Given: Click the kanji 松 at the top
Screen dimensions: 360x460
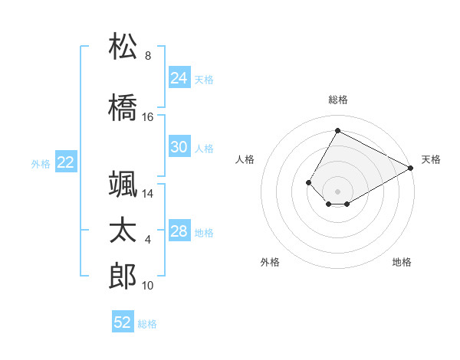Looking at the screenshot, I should [x=123, y=47].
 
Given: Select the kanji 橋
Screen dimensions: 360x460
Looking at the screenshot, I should [x=123, y=106].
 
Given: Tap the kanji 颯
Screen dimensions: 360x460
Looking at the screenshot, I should [x=123, y=184].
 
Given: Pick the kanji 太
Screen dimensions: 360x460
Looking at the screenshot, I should [x=123, y=231].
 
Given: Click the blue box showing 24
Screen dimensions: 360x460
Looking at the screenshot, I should [x=179, y=78].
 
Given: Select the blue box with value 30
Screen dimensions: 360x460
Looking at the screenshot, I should [x=179, y=147].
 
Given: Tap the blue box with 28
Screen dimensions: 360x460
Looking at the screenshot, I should [x=179, y=231].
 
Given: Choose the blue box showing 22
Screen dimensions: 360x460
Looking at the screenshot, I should [x=66, y=162].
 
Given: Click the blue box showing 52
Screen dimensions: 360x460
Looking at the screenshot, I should [x=123, y=322].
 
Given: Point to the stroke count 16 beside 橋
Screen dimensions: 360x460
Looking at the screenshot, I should [x=148, y=117].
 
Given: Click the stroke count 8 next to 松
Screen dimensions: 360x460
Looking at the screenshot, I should [x=148, y=56].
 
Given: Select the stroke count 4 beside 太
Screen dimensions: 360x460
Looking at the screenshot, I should [x=148, y=241].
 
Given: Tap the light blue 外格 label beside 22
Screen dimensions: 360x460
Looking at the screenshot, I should [x=40, y=163].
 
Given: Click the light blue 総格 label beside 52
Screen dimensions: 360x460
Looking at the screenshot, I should [x=147, y=324].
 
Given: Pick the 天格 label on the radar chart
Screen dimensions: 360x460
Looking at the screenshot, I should [x=431, y=159].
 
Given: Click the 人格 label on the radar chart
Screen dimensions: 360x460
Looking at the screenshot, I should [x=245, y=159].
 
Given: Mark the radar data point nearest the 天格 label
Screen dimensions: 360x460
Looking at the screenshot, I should [x=412, y=168].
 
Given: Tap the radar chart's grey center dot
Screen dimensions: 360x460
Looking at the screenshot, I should [x=337, y=191].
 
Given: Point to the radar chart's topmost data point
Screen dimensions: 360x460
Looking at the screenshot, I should [x=337, y=130].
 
